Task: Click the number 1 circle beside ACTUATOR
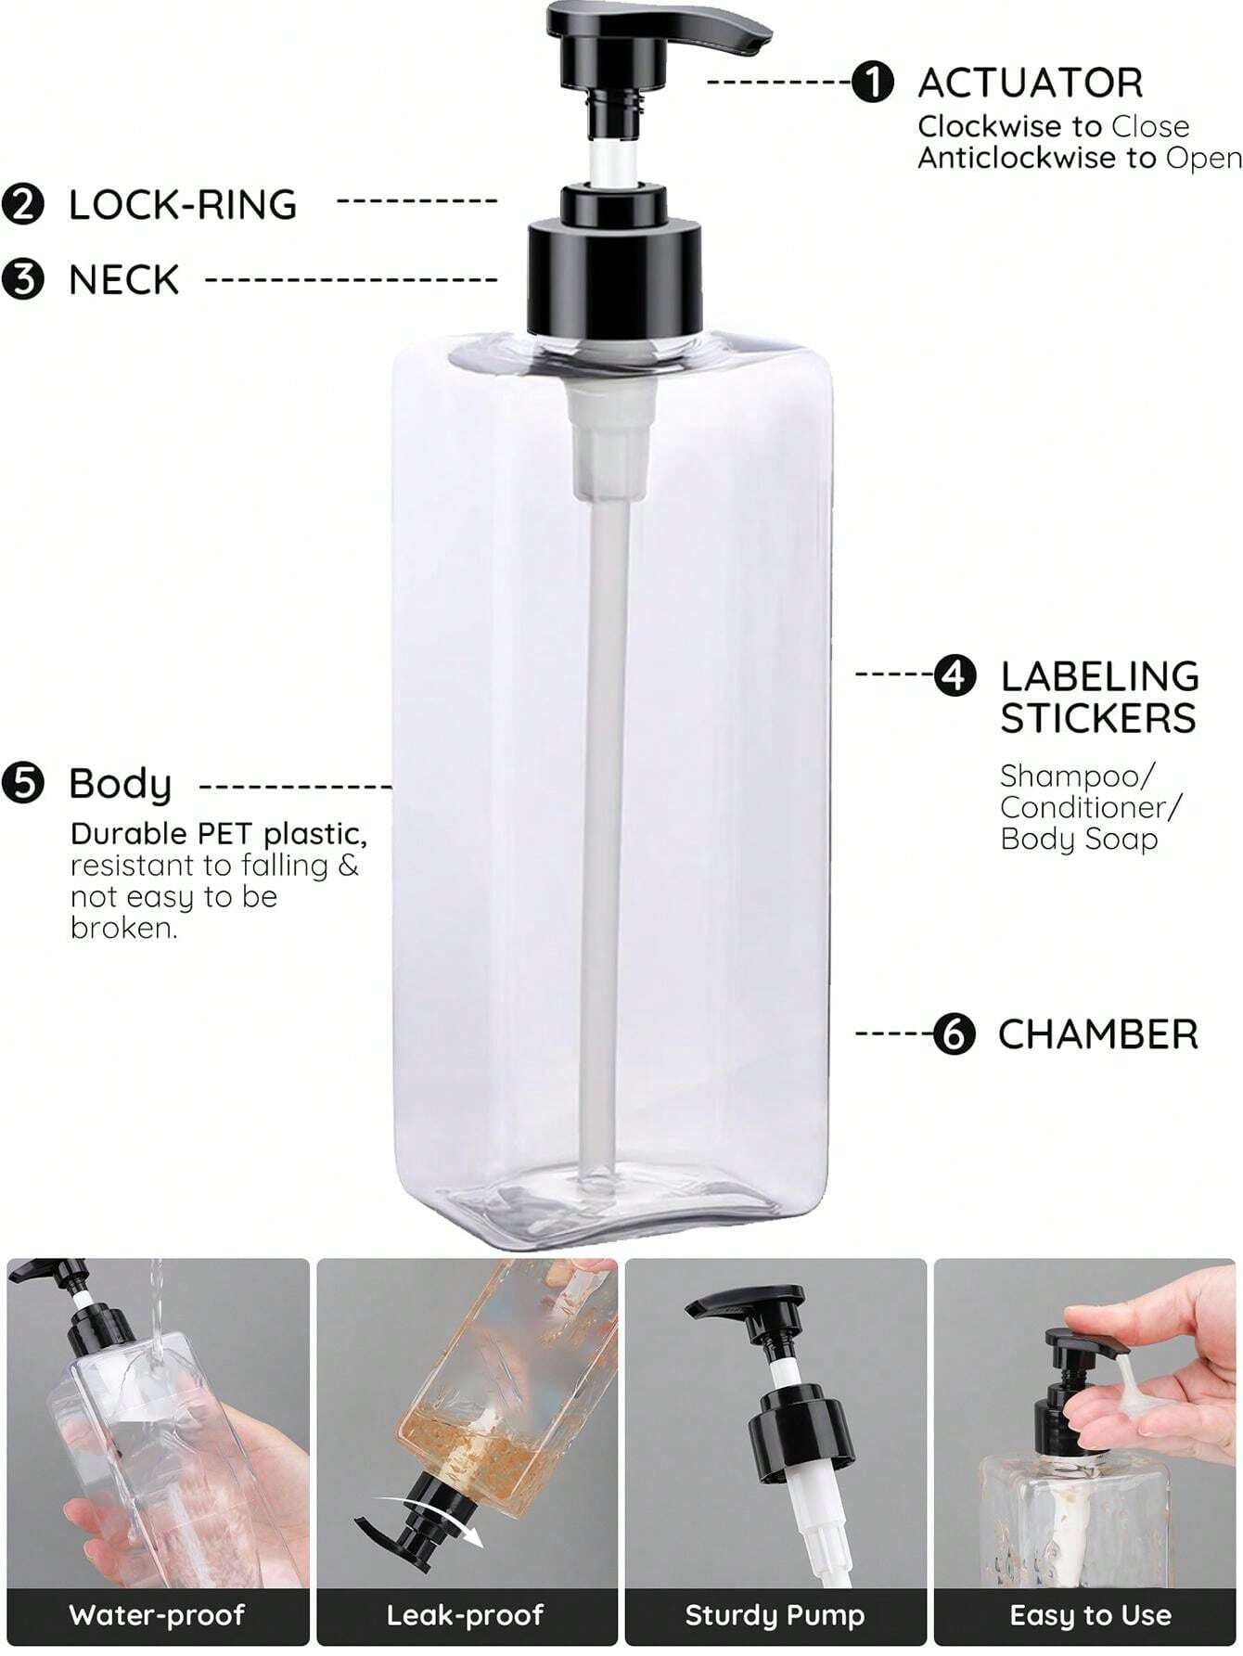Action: pyautogui.click(x=873, y=83)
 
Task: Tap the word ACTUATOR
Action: pyautogui.click(x=1030, y=83)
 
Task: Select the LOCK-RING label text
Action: pyautogui.click(x=183, y=205)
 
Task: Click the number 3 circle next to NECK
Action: pyautogui.click(x=23, y=279)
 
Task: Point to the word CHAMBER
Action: pyautogui.click(x=1097, y=1034)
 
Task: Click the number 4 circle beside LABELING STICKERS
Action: pyautogui.click(x=955, y=675)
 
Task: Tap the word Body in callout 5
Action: pyautogui.click(x=121, y=785)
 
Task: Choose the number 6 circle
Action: pyautogui.click(x=955, y=1033)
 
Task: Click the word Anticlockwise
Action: pyautogui.click(x=1017, y=158)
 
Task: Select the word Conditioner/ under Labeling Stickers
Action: pyautogui.click(x=1091, y=807)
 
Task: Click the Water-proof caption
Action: pyautogui.click(x=157, y=1615)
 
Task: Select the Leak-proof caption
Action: pyautogui.click(x=466, y=1615)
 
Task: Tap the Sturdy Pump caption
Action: pyautogui.click(x=775, y=1615)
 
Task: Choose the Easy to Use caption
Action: pyautogui.click(x=1090, y=1615)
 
